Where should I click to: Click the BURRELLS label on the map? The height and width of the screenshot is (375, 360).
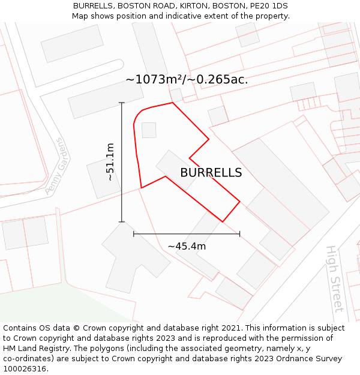[211, 173]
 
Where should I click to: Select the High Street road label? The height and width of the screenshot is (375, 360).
[334, 278]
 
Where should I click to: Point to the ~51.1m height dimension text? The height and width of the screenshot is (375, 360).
[110, 162]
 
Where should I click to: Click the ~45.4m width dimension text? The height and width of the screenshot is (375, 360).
[187, 247]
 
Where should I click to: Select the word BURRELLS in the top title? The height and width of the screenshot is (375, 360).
[94, 6]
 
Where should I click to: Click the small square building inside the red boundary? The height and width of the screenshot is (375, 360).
[149, 130]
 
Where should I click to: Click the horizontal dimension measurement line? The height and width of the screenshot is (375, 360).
[198, 234]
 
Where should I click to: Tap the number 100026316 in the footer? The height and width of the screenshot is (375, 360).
[24, 369]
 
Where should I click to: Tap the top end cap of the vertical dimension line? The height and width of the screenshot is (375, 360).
[122, 103]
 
